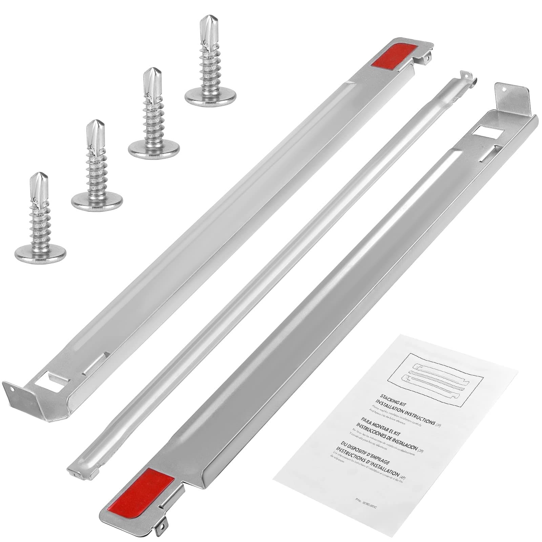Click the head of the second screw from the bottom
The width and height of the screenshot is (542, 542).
click(x=97, y=200)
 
